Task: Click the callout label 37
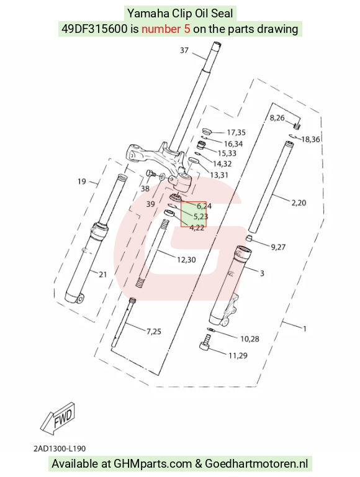pos(184,50)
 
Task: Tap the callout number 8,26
pos(277,118)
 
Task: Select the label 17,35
pos(236,133)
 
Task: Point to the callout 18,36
pos(311,139)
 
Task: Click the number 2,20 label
pos(299,202)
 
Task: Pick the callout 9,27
pos(278,247)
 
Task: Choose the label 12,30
pos(186,260)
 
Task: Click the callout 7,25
pos(154,331)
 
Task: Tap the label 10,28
pos(250,338)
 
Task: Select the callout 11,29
pos(238,355)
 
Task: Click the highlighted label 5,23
pos(200,217)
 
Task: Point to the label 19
pos(82,181)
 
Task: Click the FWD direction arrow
pos(58,419)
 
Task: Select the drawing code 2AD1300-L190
pos(60,448)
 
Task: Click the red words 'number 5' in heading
pos(166,29)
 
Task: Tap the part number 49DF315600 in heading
pos(94,29)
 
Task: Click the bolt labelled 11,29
pos(205,343)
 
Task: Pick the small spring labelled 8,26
pos(297,125)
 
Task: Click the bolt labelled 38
pos(151,173)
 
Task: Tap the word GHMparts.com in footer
pos(153,464)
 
